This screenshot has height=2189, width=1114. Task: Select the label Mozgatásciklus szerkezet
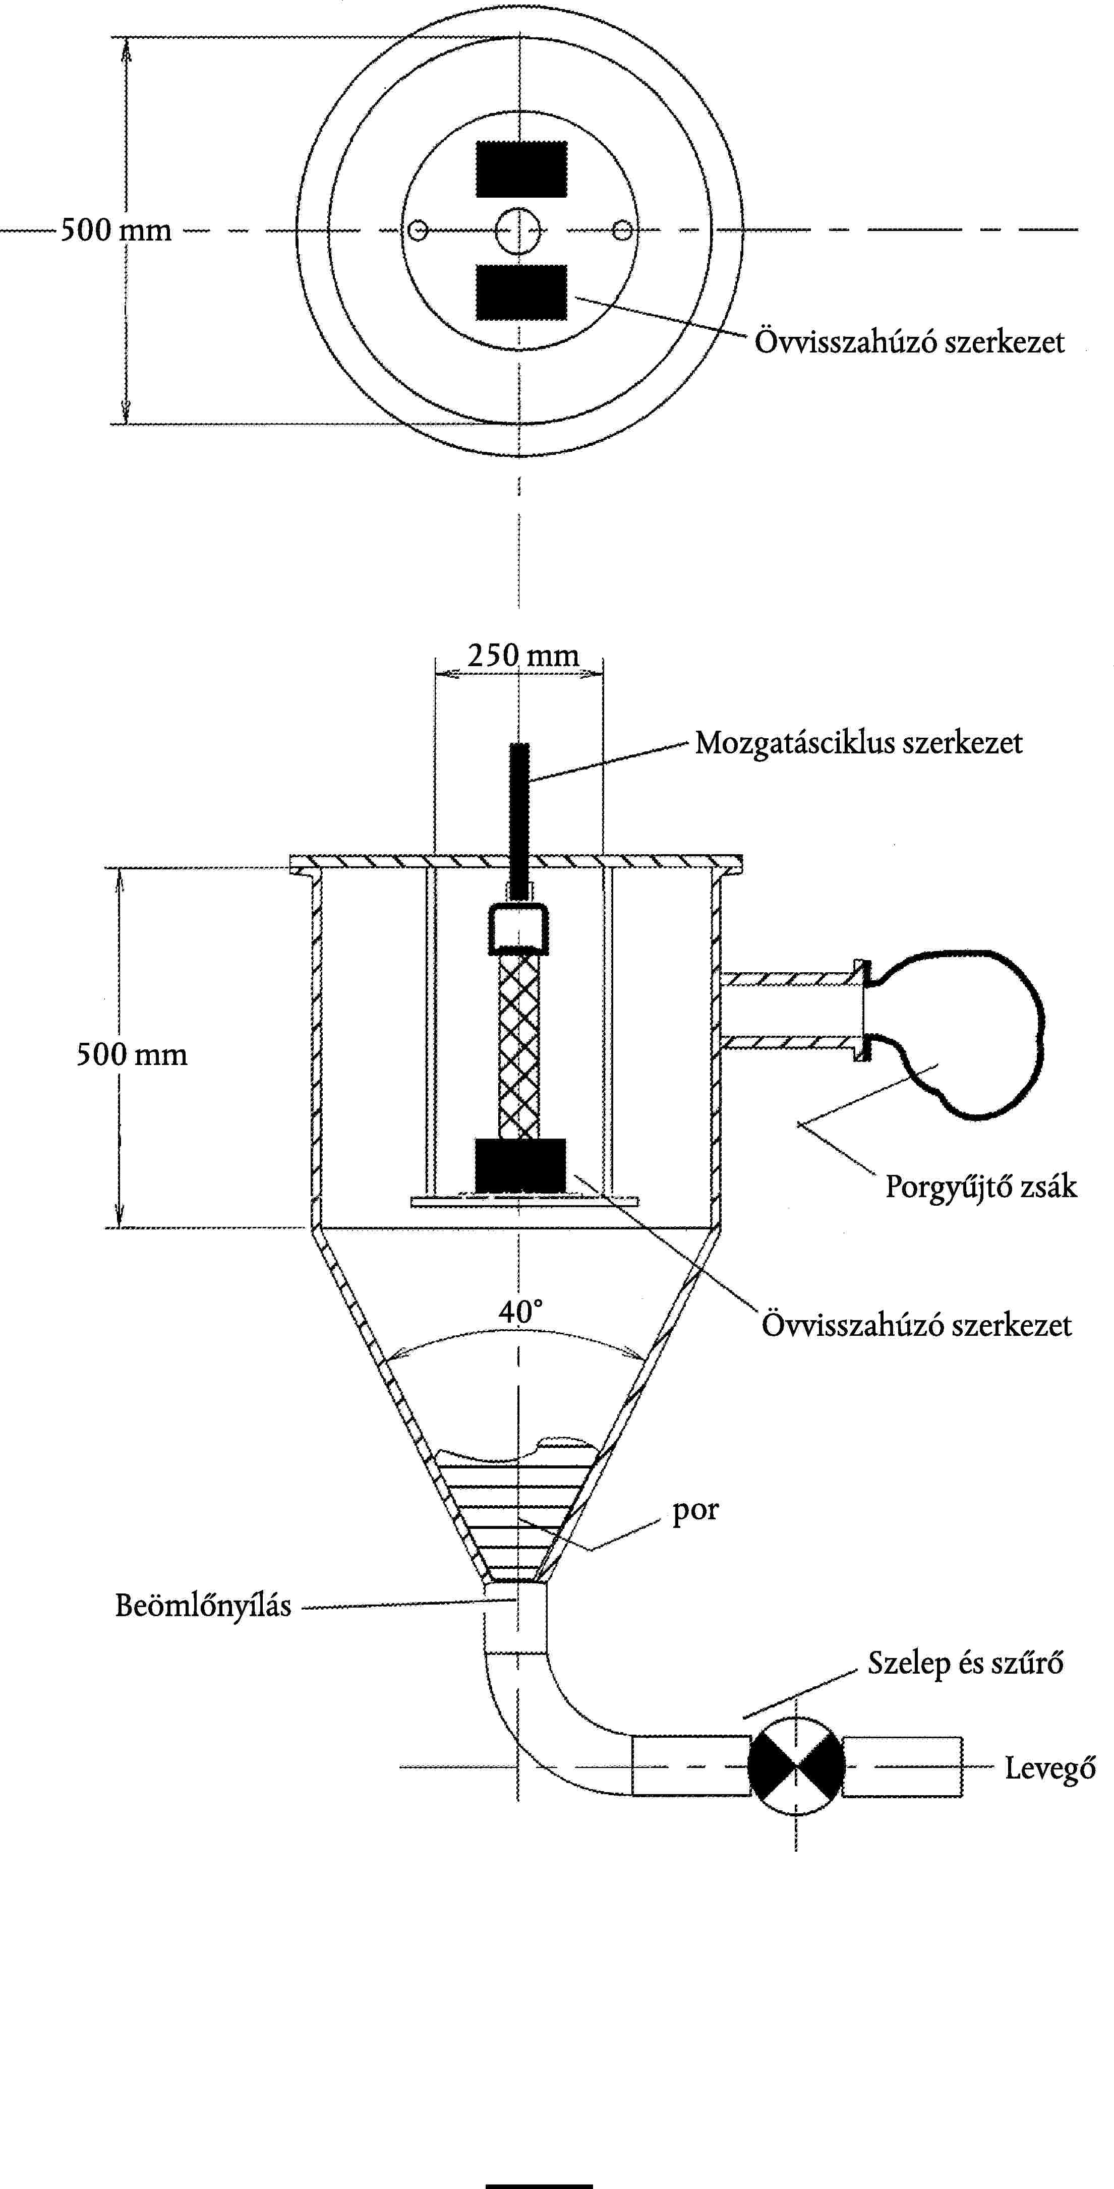[858, 743]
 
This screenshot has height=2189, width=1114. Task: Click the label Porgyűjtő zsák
[980, 1186]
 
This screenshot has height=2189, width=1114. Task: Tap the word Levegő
[1050, 1768]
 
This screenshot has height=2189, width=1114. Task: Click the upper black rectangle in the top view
[521, 169]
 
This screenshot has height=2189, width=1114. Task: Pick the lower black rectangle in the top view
[521, 292]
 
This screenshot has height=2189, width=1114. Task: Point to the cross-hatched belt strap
[519, 1045]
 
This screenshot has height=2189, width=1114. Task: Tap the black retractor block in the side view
[520, 1164]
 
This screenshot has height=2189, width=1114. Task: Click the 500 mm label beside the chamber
[132, 1054]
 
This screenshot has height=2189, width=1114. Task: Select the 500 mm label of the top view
[115, 229]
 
